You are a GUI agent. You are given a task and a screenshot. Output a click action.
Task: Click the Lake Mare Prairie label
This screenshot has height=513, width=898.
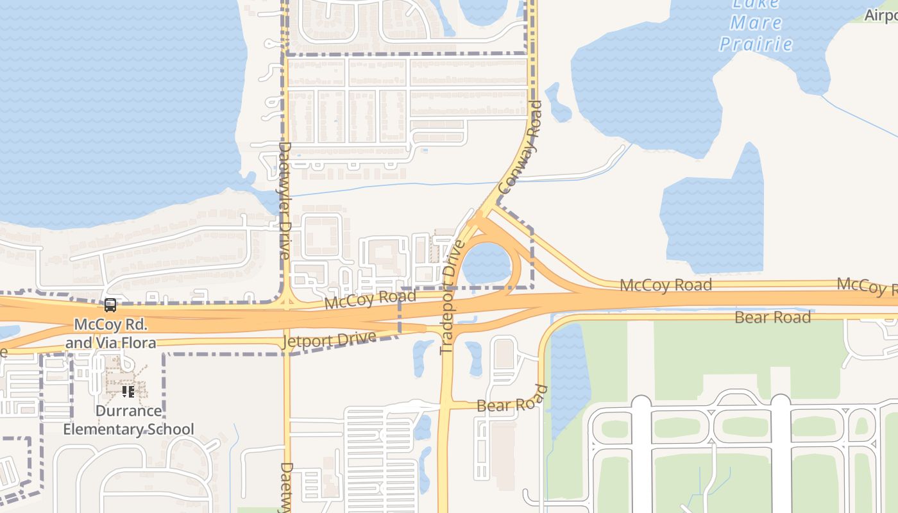(756, 24)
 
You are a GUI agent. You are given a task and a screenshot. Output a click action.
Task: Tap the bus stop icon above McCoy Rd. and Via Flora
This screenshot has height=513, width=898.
(110, 305)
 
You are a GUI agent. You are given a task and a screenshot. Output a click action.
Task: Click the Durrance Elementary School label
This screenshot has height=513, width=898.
(128, 420)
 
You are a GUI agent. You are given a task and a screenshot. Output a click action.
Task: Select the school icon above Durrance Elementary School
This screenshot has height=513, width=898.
(128, 391)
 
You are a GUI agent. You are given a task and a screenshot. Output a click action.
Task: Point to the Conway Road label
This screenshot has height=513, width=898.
(520, 148)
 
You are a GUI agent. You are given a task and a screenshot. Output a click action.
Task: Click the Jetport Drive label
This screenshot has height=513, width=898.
(329, 341)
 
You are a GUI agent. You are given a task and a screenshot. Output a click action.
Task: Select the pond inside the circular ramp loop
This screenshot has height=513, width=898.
(487, 264)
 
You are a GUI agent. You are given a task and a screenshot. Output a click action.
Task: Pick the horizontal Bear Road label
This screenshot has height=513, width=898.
(772, 317)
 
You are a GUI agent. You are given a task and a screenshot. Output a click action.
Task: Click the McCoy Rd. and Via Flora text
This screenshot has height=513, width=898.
(110, 333)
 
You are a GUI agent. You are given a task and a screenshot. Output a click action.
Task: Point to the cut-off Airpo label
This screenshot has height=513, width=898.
(881, 15)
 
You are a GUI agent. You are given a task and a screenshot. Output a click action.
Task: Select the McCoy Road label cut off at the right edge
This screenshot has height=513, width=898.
(867, 287)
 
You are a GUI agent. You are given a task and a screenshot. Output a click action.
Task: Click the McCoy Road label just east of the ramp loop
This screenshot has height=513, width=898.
(665, 285)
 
